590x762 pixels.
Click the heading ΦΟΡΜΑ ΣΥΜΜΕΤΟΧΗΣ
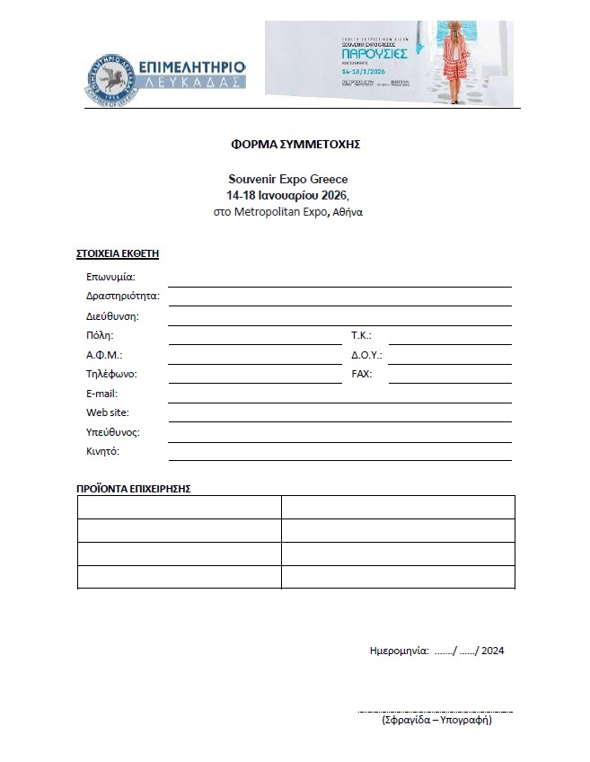[x=295, y=143]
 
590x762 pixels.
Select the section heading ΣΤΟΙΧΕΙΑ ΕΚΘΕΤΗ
[x=117, y=253]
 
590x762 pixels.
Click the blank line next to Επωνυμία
[x=339, y=279]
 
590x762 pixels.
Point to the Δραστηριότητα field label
[x=123, y=296]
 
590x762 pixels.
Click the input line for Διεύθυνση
[x=339, y=318]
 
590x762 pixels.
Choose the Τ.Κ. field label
[x=361, y=335]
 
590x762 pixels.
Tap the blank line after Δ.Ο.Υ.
[x=449, y=357]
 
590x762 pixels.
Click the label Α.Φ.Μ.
[x=104, y=355]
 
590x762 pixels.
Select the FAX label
[x=361, y=374]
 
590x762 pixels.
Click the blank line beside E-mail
[x=339, y=395]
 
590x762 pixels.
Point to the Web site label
[x=108, y=412]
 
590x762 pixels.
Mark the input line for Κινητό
[x=339, y=454]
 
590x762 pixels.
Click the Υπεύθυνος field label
[x=113, y=432]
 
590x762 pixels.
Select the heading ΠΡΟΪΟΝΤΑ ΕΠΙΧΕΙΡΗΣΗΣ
[x=134, y=489]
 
